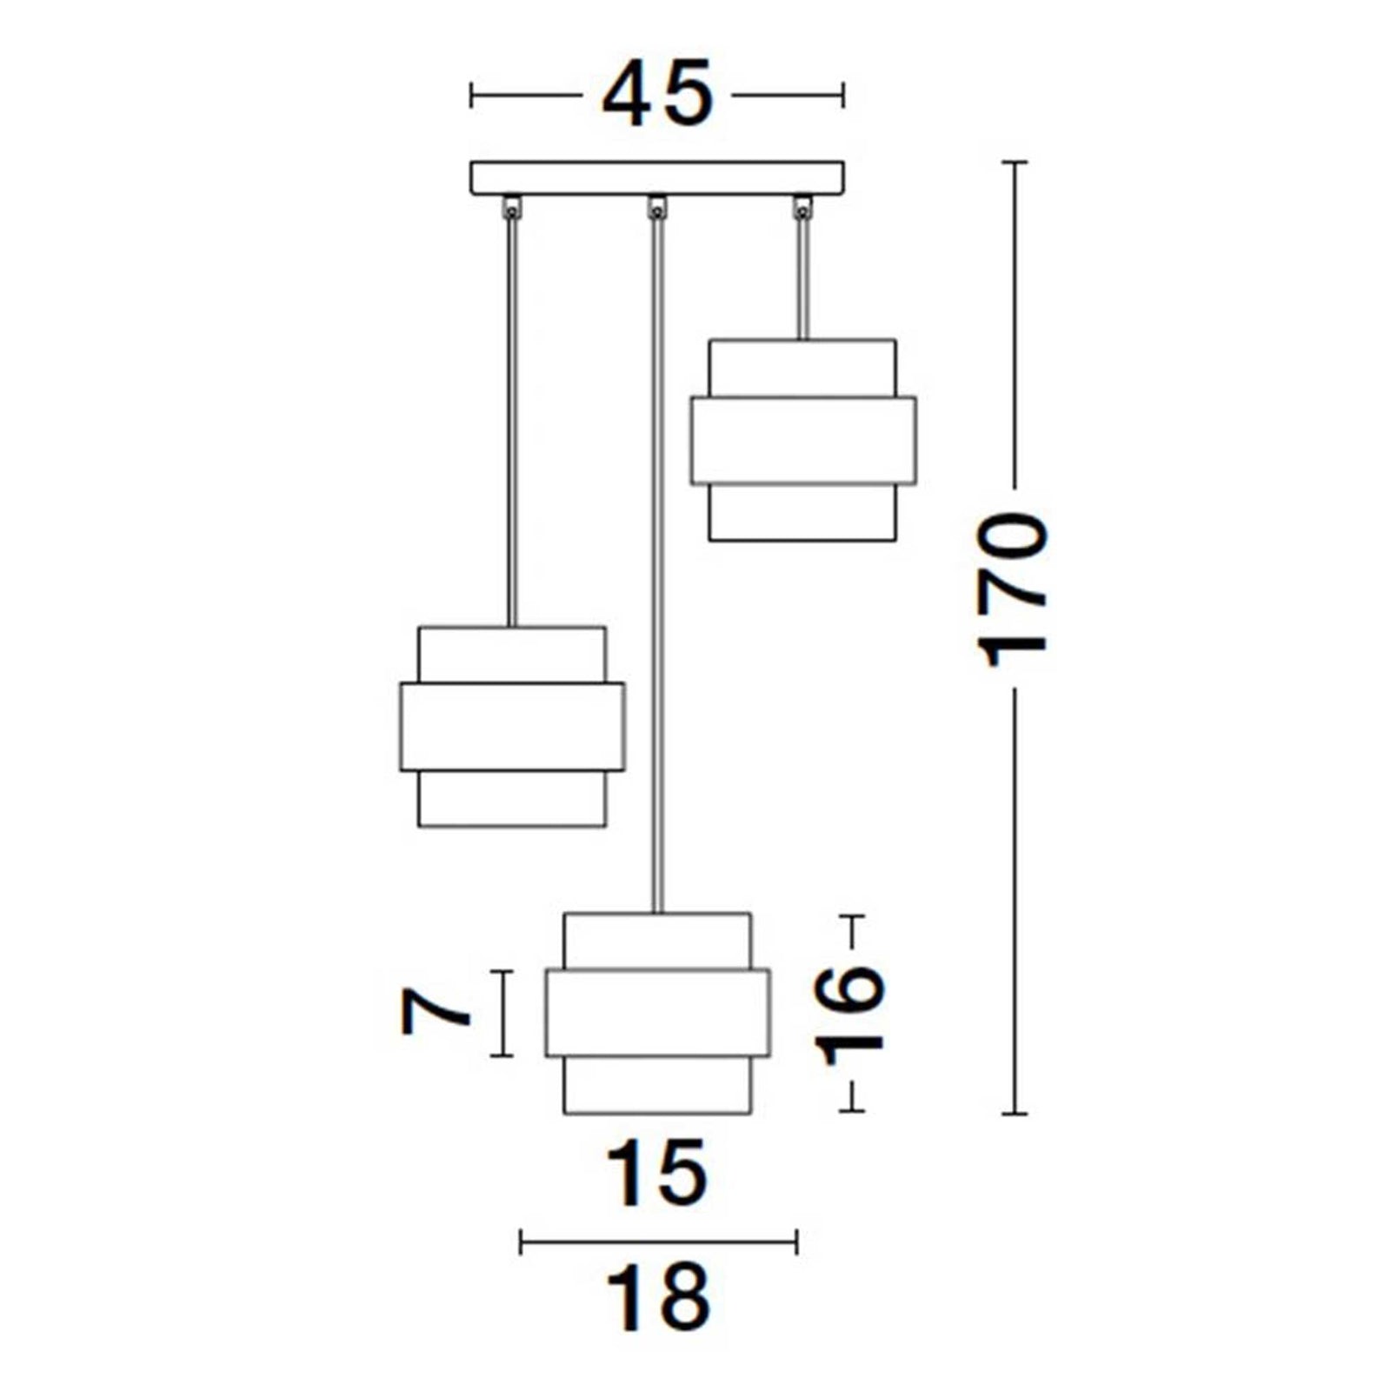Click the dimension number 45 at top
[657, 95]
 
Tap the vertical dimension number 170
[1014, 591]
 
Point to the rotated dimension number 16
[852, 1014]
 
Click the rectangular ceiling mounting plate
[657, 177]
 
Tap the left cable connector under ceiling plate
[512, 207]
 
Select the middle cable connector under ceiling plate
[657, 207]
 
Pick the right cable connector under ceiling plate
[802, 207]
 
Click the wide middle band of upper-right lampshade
[803, 440]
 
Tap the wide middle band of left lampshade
[512, 727]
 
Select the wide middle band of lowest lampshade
[657, 1013]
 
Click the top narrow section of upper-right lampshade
[802, 368]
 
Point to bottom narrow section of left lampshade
[512, 798]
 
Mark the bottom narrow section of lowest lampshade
[657, 1084]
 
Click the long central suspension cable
[657, 565]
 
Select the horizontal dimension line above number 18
[657, 1241]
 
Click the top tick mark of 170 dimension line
[1015, 163]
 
